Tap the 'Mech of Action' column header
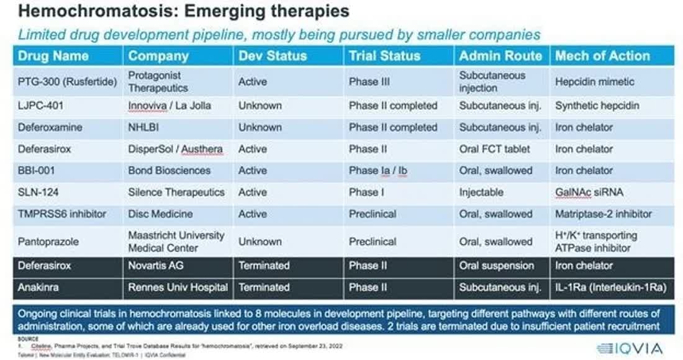[602, 56]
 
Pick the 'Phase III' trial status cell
[372, 81]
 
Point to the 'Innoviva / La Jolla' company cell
[170, 106]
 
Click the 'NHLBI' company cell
[145, 127]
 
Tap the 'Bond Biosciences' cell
[170, 171]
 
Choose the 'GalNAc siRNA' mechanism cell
[589, 192]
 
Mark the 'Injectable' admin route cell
[481, 192]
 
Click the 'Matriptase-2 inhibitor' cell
[604, 214]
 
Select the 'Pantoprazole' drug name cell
[49, 241]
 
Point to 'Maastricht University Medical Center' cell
[177, 241]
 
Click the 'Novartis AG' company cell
[156, 266]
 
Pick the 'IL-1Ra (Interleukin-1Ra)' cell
[610, 287]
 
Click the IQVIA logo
[629, 348]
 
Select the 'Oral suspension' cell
[497, 266]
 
